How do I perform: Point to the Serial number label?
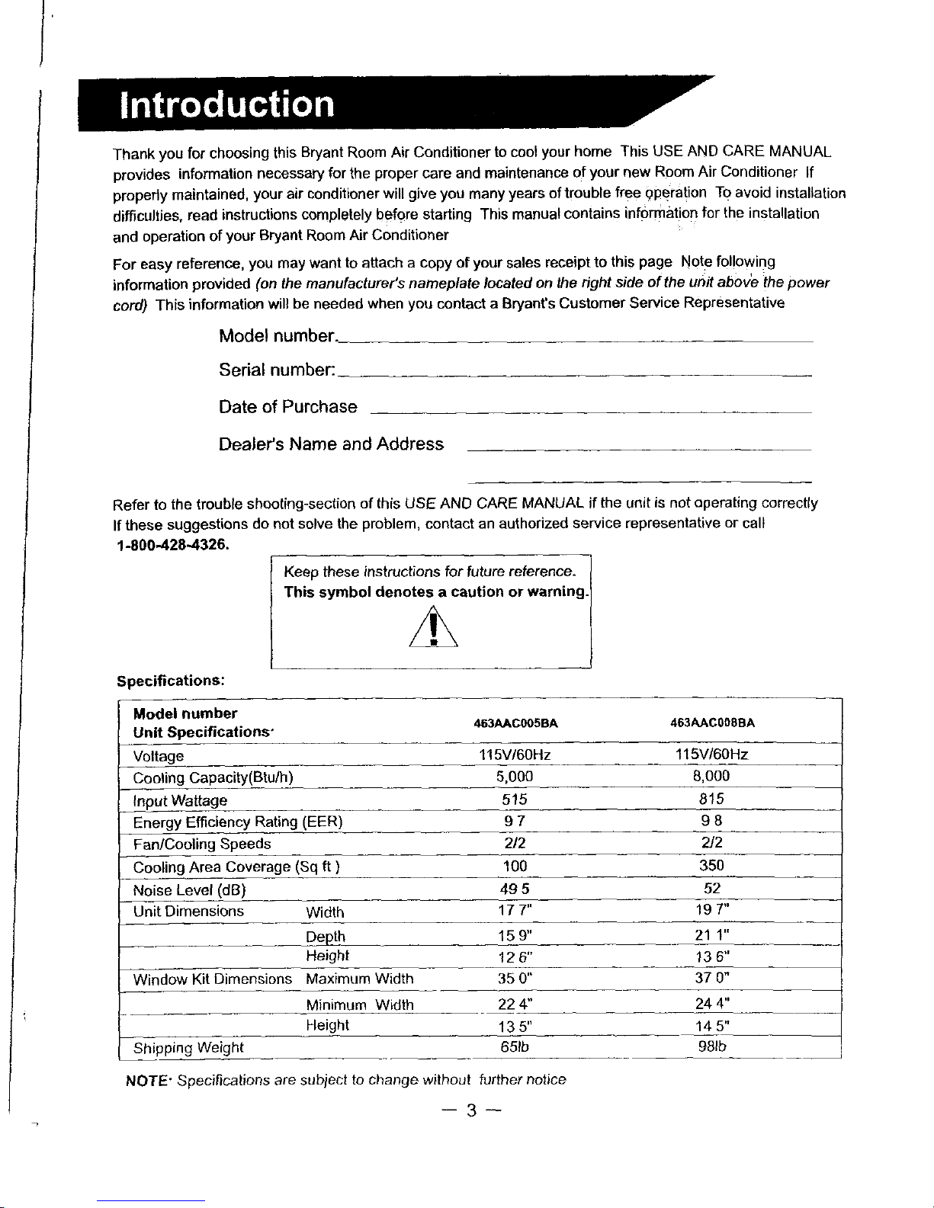(276, 370)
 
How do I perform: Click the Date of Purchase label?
(287, 407)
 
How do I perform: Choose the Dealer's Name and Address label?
(331, 444)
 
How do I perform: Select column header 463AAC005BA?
(515, 723)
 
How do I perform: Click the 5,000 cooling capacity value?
(514, 777)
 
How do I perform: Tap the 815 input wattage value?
(711, 799)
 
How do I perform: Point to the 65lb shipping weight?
(515, 1046)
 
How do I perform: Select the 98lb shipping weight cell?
(712, 1046)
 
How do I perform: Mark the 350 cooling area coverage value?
(711, 866)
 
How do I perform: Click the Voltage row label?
(159, 756)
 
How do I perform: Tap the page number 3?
(471, 1112)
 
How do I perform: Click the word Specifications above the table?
(169, 681)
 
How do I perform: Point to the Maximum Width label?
(359, 979)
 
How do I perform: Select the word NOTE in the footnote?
(144, 1080)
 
